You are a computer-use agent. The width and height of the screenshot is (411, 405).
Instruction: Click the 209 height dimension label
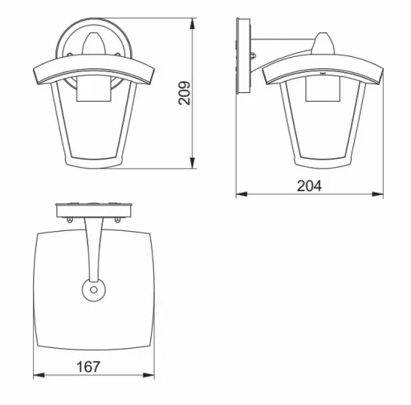click(184, 93)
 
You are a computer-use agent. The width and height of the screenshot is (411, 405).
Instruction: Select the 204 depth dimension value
click(309, 186)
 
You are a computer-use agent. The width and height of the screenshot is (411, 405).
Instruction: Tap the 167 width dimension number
click(88, 367)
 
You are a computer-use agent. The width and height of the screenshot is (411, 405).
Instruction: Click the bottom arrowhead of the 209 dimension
click(192, 163)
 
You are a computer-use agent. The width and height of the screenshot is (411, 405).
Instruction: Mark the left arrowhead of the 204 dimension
click(242, 194)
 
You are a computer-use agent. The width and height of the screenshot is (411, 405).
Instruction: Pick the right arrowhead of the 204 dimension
click(377, 194)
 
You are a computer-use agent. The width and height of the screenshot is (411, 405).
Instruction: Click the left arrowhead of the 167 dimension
click(39, 375)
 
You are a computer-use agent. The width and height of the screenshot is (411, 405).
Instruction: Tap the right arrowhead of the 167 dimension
click(149, 375)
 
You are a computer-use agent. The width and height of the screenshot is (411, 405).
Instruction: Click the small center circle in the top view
click(94, 290)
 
